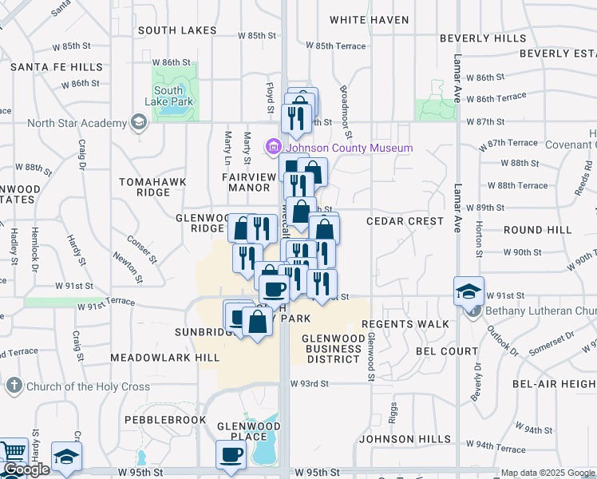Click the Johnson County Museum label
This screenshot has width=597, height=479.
pyautogui.click(x=350, y=148)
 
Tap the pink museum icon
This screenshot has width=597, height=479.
pyautogui.click(x=275, y=147)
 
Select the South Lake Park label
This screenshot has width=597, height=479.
pyautogui.click(x=168, y=97)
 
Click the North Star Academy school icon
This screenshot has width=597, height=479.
pyautogui.click(x=139, y=123)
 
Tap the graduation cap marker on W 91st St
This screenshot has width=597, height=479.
pyautogui.click(x=469, y=291)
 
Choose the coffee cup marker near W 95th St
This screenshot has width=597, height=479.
pyautogui.click(x=231, y=454)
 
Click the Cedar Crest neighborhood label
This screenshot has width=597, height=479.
pyautogui.click(x=405, y=220)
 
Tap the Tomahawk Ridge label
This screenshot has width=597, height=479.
pyautogui.click(x=152, y=187)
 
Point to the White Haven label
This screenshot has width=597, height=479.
pyautogui.click(x=369, y=20)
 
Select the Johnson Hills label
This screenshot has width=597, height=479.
pyautogui.click(x=397, y=439)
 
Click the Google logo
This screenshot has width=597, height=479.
pyautogui.click(x=26, y=470)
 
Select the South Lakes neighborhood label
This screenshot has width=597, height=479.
pyautogui.click(x=177, y=30)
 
